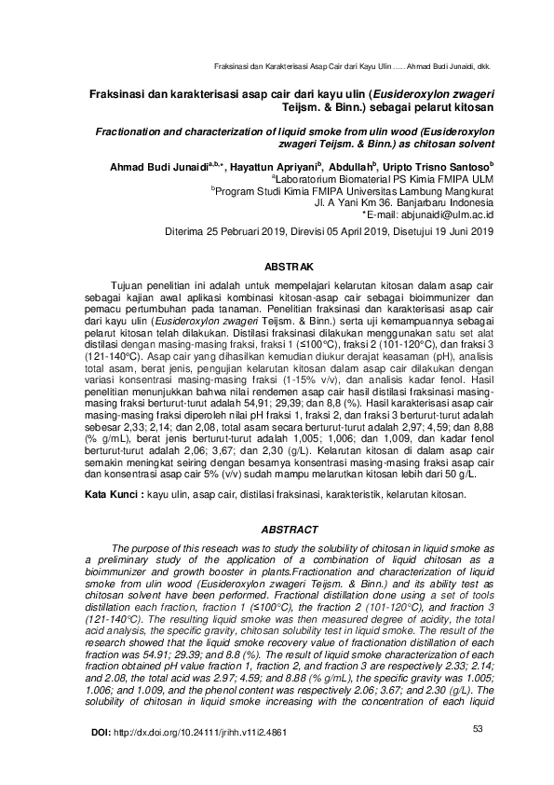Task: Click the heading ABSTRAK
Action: pyautogui.click(x=291, y=266)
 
